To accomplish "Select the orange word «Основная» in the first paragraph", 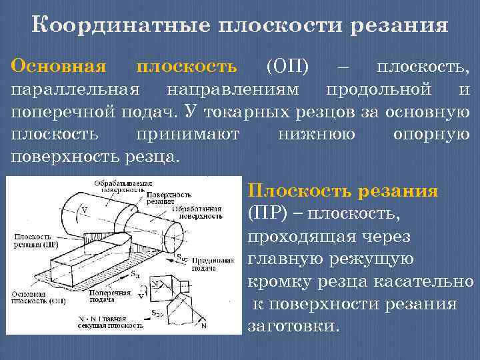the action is pos(59,66).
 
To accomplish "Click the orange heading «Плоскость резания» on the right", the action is pos(343,192).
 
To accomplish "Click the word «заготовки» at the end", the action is pos(293,327).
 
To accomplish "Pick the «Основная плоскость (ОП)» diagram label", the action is pos(33,297).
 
